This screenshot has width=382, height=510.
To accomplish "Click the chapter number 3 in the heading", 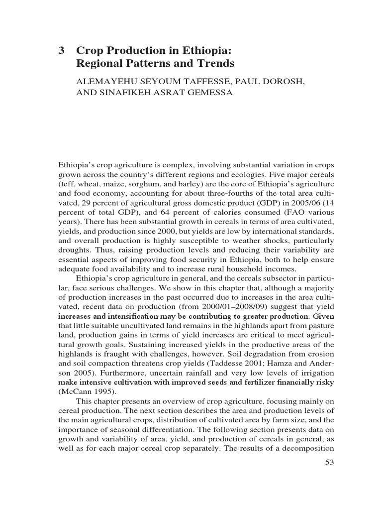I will pyautogui.click(x=62, y=51).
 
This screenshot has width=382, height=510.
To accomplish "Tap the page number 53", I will pyautogui.click(x=329, y=463).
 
